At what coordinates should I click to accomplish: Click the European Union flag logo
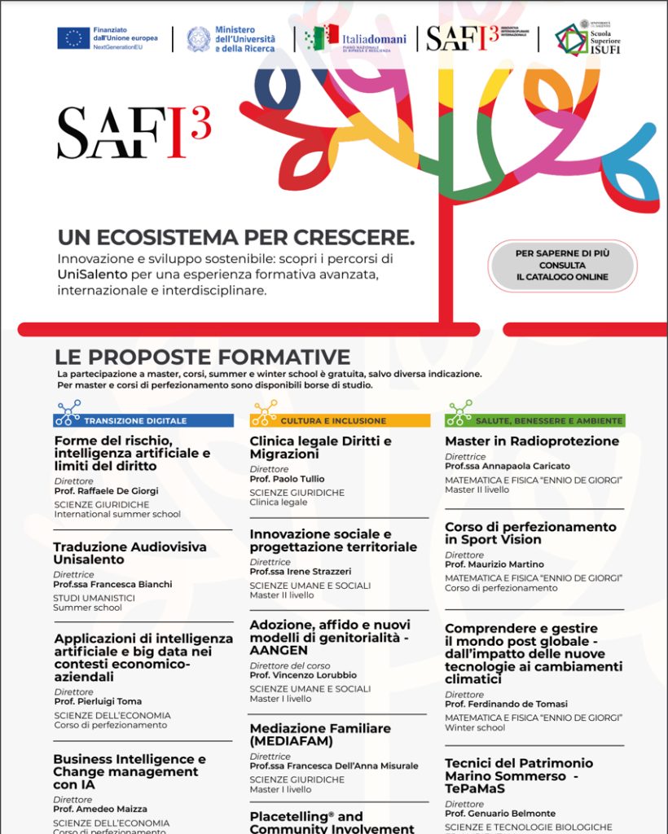click(x=73, y=38)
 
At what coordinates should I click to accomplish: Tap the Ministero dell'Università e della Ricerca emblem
click(x=198, y=39)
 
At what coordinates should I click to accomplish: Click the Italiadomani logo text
click(x=374, y=39)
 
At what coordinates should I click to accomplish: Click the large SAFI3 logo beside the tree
click(x=134, y=133)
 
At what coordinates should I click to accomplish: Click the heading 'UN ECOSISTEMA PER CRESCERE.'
click(x=235, y=238)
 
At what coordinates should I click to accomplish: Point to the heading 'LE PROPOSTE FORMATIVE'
click(x=203, y=357)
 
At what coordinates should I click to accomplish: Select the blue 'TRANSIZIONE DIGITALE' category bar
click(x=144, y=420)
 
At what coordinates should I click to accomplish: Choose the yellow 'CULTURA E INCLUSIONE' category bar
click(x=341, y=420)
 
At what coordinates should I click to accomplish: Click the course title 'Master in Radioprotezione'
click(x=532, y=441)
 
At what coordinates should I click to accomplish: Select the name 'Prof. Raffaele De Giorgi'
click(x=107, y=491)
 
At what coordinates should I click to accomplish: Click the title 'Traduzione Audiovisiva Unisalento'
click(x=130, y=553)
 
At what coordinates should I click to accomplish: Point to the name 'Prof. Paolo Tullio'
click(x=287, y=479)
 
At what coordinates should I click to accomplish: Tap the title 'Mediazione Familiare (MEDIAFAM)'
click(x=320, y=735)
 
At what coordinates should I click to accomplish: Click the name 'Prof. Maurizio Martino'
click(x=494, y=564)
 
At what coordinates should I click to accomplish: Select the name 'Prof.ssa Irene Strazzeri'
click(x=301, y=572)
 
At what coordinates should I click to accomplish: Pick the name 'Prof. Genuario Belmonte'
click(x=499, y=814)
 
